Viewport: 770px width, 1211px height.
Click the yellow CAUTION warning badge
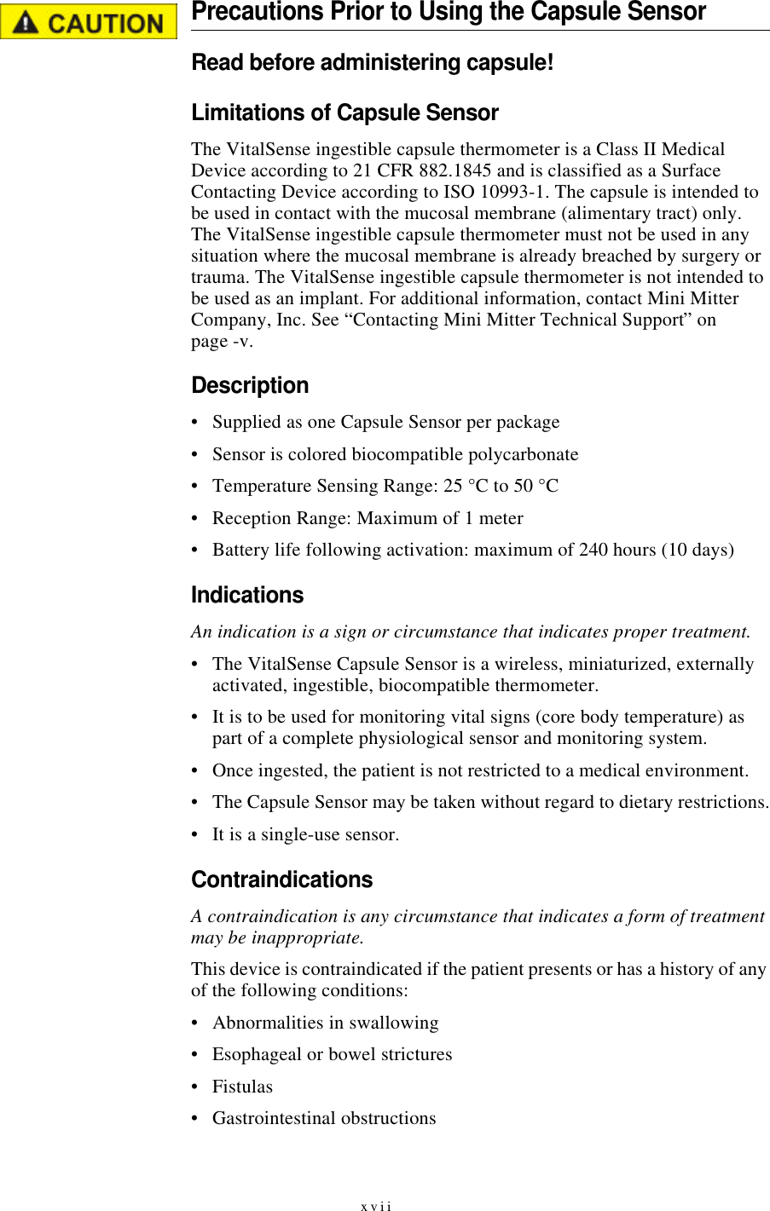89,22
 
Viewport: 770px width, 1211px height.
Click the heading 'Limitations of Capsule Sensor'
344,113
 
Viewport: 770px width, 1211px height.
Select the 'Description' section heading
250,386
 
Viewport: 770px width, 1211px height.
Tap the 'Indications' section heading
247,596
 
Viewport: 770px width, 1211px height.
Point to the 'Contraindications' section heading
281,880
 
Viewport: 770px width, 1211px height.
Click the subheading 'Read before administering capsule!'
373,63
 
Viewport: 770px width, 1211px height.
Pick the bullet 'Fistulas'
242,1087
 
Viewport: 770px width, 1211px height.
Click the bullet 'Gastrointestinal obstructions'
324,1118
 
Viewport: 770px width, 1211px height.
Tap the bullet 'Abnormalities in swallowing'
325,1023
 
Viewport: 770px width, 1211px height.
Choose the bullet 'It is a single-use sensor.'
305,834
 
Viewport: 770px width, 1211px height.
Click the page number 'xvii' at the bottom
376,1206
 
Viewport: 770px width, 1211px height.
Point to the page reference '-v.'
242,341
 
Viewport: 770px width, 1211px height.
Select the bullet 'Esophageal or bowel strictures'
332,1054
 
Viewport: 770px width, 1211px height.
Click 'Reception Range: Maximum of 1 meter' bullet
368,518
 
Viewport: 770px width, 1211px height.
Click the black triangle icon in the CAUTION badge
26,23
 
